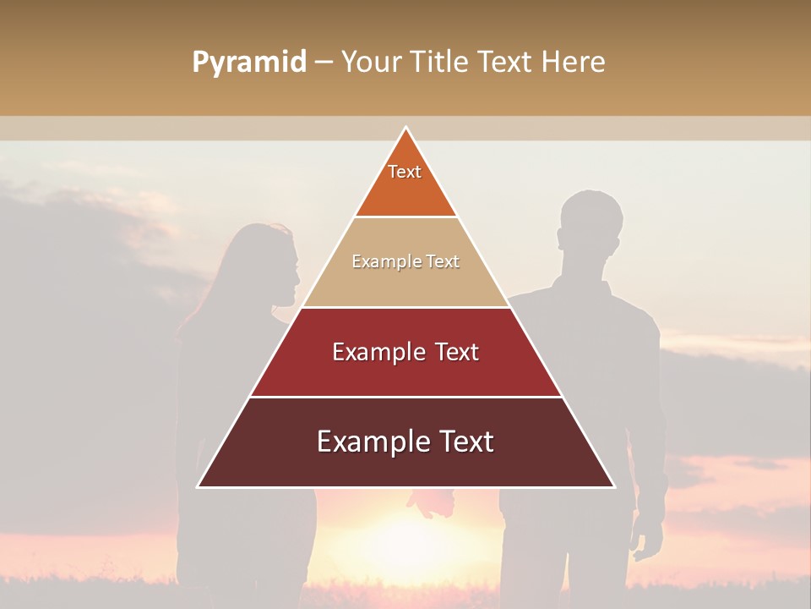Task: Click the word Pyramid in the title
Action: coord(248,63)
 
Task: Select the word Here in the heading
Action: coord(573,63)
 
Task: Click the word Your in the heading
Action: coord(372,63)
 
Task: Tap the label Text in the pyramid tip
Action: coord(405,172)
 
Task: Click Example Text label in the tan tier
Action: coord(405,261)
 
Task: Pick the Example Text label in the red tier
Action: coord(405,352)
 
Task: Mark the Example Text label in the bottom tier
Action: coord(405,442)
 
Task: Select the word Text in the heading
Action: coord(505,63)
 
